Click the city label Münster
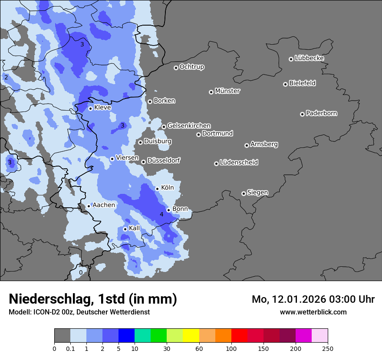pos(227,91)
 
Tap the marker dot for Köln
pos(158,189)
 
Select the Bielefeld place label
pos(302,83)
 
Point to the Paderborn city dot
pos(302,114)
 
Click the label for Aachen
pos(104,205)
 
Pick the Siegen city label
pos(257,193)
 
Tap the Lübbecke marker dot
pos(291,59)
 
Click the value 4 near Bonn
pos(161,214)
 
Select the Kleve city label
pos(102,108)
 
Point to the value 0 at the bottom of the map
pos(81,272)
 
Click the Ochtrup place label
pos(191,67)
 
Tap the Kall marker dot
pos(125,229)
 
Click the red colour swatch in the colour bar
pos(239,336)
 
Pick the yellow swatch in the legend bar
pos(191,336)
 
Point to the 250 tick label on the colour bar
pos(328,348)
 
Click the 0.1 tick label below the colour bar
pos(70,348)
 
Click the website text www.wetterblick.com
pos(313,312)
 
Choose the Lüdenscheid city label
pos(239,163)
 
